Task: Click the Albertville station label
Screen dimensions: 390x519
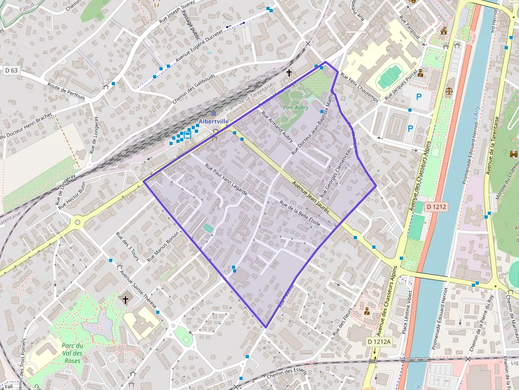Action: pyautogui.click(x=213, y=121)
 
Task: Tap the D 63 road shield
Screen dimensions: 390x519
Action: pyautogui.click(x=11, y=70)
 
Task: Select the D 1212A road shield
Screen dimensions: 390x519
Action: pyautogui.click(x=379, y=342)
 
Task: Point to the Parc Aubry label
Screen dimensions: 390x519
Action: pyautogui.click(x=296, y=107)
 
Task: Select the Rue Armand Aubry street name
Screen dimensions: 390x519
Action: pyautogui.click(x=280, y=129)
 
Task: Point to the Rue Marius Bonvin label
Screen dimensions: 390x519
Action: pyautogui.click(x=164, y=247)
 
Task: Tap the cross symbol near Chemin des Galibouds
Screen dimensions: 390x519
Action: pyautogui.click(x=289, y=72)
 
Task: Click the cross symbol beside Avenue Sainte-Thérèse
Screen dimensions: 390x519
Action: pyautogui.click(x=126, y=300)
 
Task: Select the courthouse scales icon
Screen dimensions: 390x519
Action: pyautogui.click(x=449, y=91)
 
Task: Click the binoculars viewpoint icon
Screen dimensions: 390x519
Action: pyautogui.click(x=513, y=154)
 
